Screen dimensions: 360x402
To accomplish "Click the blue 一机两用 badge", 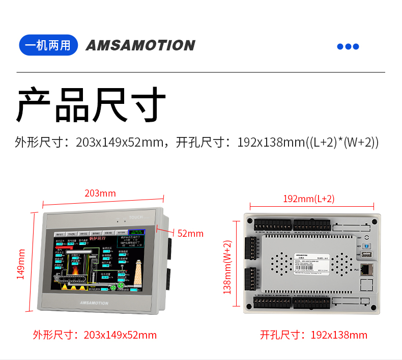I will pos(48,45).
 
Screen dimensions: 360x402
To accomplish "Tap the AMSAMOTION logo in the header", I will pos(140,45).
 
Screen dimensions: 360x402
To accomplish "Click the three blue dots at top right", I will pos(348,47).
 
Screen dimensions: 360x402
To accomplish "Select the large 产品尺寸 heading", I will pos(92,105).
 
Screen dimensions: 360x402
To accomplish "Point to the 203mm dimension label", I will pos(100,193).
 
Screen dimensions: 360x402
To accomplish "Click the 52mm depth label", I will pos(190,234).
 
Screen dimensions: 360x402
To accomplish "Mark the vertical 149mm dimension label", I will pos(21,263).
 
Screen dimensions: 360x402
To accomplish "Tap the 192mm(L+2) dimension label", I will pos(309,199).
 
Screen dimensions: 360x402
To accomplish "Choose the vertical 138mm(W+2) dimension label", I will pos(227,267).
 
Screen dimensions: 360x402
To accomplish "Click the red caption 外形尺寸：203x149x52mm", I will pos(95,335).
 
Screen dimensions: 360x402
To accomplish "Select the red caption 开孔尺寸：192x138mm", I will pos(313,335).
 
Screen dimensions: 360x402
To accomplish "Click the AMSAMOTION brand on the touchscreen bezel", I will pos(94,303).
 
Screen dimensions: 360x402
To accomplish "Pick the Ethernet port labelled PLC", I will pos(366,270).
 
